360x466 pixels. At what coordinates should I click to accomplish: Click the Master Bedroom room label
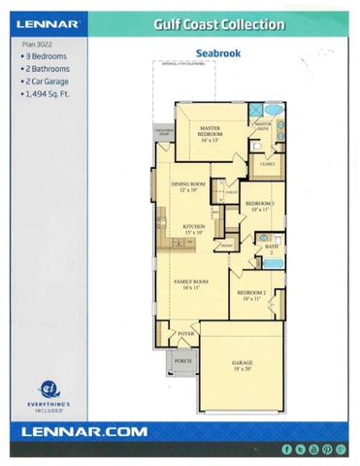(212, 133)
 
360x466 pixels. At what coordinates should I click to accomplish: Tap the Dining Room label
(188, 187)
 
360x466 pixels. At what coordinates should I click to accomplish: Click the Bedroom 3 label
(259, 206)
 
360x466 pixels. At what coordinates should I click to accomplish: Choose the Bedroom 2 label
(250, 295)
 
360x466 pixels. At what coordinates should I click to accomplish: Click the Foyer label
(185, 333)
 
